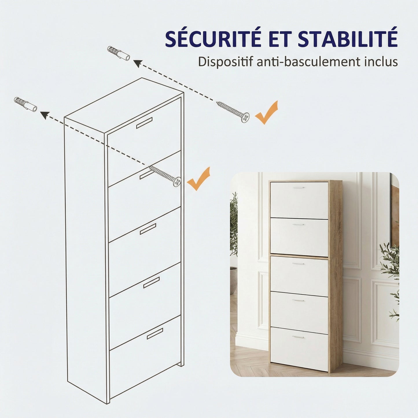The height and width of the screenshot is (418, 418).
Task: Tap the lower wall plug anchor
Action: coord(25,104)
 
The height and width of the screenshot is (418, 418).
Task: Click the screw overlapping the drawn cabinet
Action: coord(165,176)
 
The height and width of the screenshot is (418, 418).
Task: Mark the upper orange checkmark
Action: coord(266,112)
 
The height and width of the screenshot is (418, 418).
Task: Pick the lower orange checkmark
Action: coord(198,179)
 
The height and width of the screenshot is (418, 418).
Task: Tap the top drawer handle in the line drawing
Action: coord(144,123)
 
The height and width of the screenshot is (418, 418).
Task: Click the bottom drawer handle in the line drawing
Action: coord(155,334)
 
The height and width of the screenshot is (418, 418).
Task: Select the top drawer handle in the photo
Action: coord(299,187)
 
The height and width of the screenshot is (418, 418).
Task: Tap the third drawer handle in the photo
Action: coord(299,264)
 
